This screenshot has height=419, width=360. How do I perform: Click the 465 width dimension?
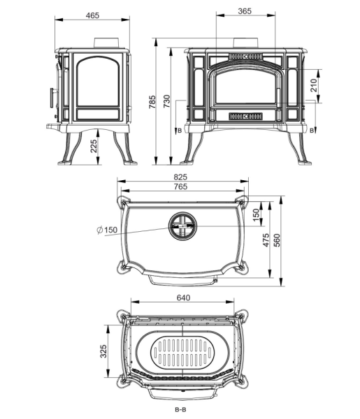[x=92, y=15]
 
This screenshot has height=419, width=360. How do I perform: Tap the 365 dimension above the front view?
[x=245, y=11]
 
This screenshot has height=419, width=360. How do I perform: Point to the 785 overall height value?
[x=152, y=101]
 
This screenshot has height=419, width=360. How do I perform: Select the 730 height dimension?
[x=166, y=101]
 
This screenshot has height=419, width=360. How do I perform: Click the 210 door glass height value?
[x=313, y=85]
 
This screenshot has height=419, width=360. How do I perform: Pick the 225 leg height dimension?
[x=94, y=146]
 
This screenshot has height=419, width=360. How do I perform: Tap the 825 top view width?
[x=180, y=177]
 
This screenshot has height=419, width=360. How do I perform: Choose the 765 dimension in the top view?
[x=180, y=186]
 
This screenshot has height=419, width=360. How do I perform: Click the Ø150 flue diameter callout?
[x=107, y=230]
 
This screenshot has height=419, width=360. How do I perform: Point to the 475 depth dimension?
[x=266, y=240]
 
